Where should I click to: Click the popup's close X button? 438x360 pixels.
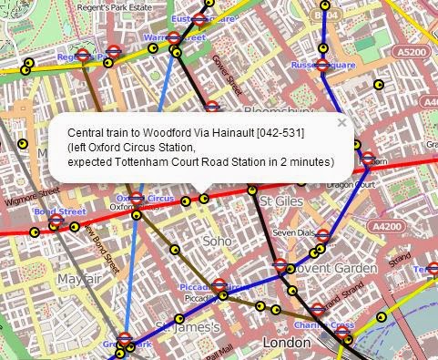341,122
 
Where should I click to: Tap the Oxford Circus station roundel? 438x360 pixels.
137,198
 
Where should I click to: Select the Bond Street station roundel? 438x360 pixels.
56,221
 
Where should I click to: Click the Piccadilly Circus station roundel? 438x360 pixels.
219,285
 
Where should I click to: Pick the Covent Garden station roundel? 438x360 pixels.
280,266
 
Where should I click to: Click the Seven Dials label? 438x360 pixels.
293,231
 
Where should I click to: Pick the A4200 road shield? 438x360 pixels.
388,226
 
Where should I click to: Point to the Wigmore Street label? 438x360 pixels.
37,192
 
